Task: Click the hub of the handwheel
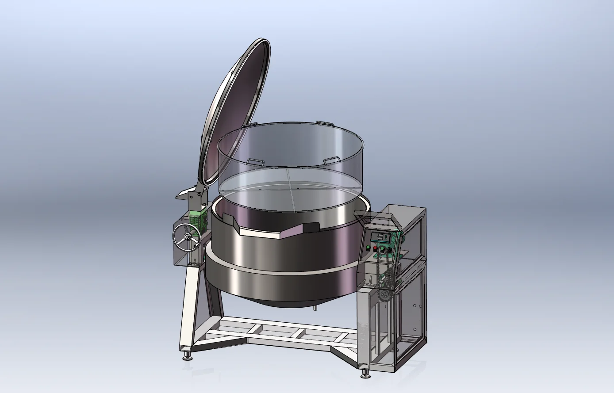coord(188,238)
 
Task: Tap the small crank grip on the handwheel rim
coord(195,244)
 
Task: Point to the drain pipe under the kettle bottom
coord(315,308)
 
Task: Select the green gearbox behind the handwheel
coord(198,219)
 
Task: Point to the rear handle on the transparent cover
coord(322,122)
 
